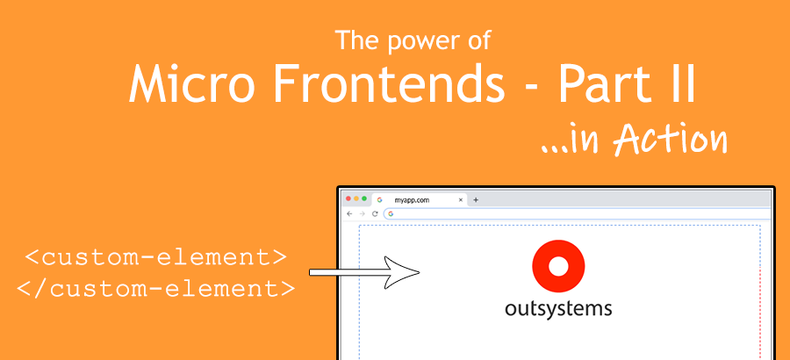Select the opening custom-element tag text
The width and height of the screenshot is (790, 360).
(x=156, y=258)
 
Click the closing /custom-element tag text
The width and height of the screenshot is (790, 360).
(x=156, y=286)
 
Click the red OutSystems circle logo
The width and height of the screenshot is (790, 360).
(x=558, y=267)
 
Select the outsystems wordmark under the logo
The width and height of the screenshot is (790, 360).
(x=558, y=308)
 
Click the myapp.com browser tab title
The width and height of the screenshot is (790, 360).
(x=412, y=200)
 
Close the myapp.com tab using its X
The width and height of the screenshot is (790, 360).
(x=461, y=200)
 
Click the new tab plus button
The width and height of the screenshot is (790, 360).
(x=476, y=200)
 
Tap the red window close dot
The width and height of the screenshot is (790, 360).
(x=348, y=199)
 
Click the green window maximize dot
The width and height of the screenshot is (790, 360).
(x=364, y=199)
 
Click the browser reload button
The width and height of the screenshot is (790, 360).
(x=375, y=213)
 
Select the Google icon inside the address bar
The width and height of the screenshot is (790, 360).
(x=390, y=213)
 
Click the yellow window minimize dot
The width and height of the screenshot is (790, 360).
(x=356, y=199)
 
